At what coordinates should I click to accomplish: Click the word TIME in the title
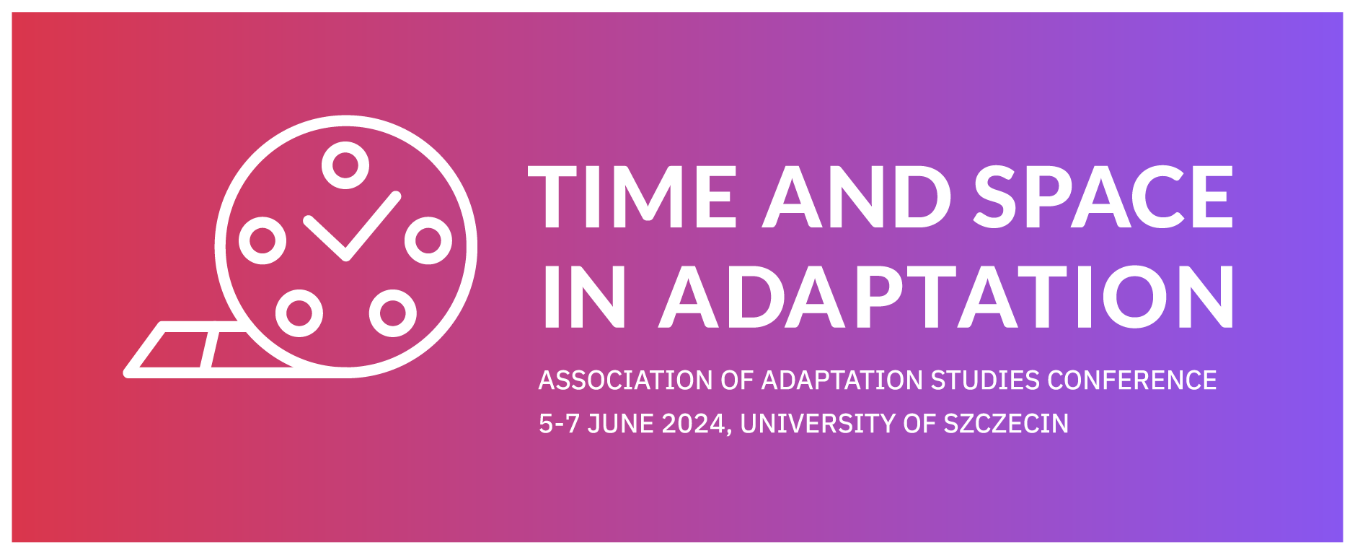632,197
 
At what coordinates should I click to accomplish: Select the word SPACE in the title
1103,197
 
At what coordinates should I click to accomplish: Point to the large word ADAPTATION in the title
947,297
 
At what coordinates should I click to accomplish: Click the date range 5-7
559,424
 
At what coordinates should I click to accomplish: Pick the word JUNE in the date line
621,424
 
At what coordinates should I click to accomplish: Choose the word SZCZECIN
1006,424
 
